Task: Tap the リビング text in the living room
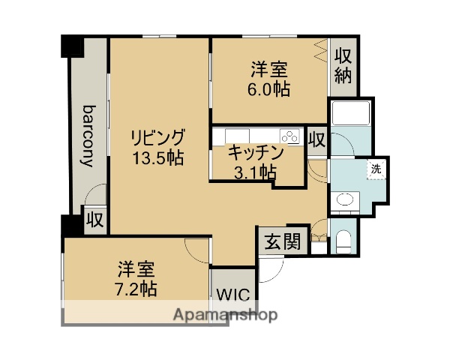point(157,139)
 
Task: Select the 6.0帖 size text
point(270,88)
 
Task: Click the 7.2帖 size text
point(136,287)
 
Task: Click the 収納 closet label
point(343,65)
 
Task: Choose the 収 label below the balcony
point(94,220)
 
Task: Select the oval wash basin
point(345,200)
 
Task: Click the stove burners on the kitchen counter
point(289,136)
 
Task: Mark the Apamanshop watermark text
point(226,314)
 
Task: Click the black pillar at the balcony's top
point(72,45)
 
